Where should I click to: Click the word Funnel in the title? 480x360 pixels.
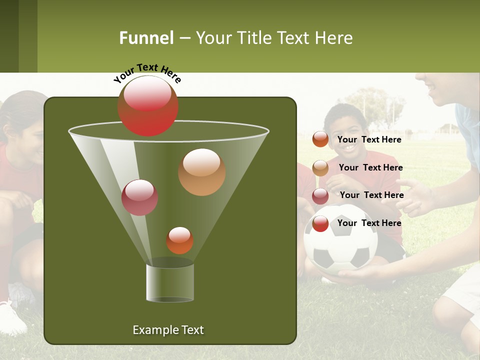[146, 38]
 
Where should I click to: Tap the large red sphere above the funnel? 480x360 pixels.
[148, 105]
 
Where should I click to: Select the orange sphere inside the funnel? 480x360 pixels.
[202, 172]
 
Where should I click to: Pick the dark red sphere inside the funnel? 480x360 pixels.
[139, 197]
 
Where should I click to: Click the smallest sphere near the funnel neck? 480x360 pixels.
[180, 240]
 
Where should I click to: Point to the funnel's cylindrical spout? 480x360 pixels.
[170, 282]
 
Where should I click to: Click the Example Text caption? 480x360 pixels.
[168, 330]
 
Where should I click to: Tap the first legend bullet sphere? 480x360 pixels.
[320, 139]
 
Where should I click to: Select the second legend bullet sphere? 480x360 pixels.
[320, 168]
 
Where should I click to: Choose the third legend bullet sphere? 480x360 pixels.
[320, 196]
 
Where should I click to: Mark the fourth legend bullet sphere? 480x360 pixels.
[320, 223]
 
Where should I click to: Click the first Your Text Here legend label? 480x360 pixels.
[369, 139]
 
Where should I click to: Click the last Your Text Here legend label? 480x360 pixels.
[369, 223]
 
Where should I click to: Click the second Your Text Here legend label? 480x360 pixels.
[370, 167]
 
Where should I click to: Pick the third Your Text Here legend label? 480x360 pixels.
[371, 195]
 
